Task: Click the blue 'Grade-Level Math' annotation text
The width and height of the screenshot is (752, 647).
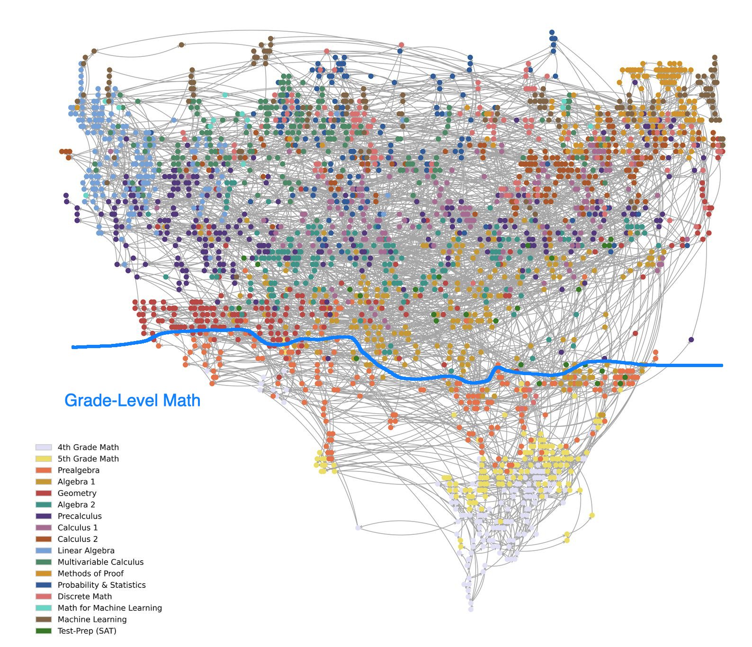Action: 132,401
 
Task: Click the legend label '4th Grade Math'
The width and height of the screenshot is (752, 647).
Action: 88,447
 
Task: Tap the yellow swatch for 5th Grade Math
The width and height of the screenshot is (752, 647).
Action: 44,458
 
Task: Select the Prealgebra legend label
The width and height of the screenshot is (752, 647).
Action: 79,470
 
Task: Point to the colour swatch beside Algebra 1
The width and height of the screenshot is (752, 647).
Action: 44,482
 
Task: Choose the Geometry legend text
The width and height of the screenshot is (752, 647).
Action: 77,493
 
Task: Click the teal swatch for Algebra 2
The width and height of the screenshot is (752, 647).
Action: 44,504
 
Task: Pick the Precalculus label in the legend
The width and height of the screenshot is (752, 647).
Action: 80,516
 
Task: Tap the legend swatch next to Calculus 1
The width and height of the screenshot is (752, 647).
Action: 44,528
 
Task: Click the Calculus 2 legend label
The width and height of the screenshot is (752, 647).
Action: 78,539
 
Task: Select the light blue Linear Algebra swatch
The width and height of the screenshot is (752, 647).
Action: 44,550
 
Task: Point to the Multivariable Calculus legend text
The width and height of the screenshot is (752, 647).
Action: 100,562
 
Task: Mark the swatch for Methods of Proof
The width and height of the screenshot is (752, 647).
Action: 44,574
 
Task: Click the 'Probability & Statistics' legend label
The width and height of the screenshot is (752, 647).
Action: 102,585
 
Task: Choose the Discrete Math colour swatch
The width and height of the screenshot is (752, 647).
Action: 44,596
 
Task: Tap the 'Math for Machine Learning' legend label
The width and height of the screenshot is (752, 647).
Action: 110,608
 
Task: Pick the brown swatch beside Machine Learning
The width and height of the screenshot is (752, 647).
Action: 44,620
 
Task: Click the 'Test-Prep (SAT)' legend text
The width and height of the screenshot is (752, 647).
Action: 87,631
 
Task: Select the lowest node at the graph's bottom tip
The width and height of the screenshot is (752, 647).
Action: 471,609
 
